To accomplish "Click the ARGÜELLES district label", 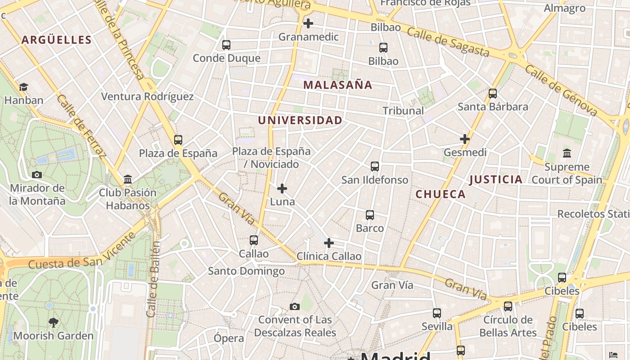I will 57,40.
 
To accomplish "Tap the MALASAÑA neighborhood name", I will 337,85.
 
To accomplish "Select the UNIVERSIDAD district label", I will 300,120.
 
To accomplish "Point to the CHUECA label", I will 440,194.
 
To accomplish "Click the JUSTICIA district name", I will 495,180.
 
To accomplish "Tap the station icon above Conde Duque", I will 226,45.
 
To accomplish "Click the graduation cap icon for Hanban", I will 23,87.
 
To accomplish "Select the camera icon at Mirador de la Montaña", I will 37,175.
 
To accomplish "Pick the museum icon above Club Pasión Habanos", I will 128,180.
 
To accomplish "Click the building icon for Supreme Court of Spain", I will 567,153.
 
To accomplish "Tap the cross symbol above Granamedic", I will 308,23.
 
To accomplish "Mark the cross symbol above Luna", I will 282,188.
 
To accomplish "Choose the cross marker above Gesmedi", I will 465,139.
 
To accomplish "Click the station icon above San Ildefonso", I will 375,166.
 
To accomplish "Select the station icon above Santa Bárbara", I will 493,94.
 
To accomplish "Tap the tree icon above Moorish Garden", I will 54,322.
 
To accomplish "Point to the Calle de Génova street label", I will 561,90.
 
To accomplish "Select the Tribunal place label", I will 403,110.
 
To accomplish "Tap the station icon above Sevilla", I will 437,313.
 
